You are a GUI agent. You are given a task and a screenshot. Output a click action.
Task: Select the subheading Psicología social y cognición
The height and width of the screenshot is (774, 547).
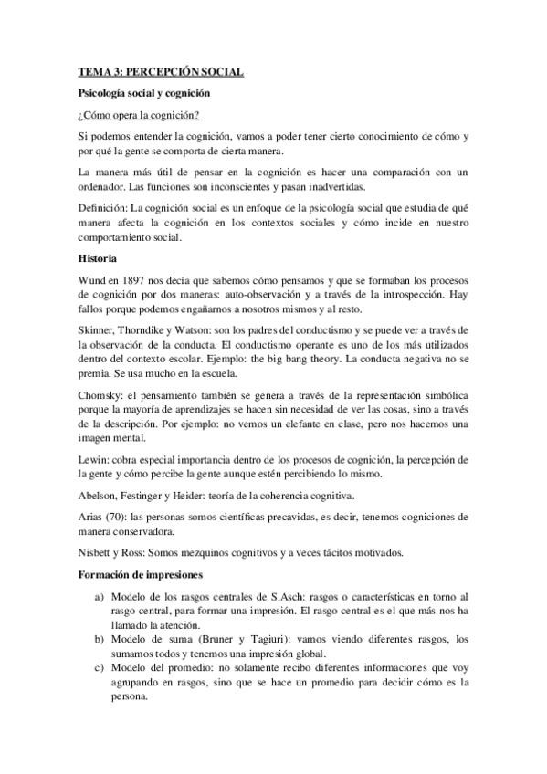[143, 93]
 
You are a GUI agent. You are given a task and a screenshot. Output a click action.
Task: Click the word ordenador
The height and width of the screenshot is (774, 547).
[104, 187]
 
